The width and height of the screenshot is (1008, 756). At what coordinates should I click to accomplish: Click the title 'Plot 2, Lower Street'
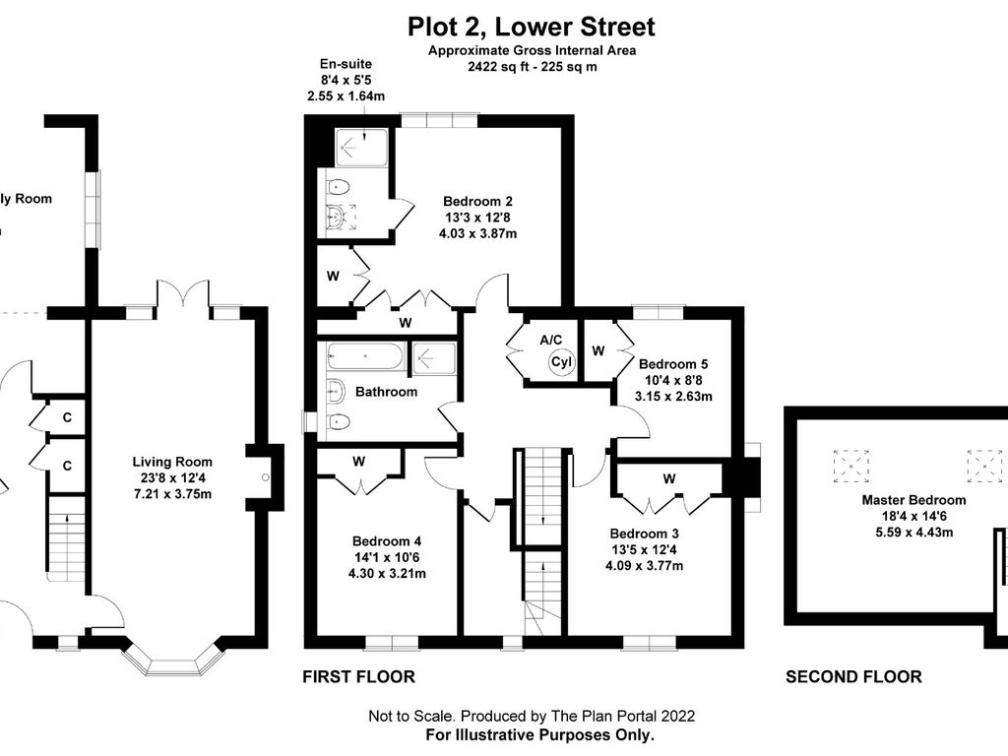(531, 27)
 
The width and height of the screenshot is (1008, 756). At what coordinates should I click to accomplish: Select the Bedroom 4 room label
(388, 540)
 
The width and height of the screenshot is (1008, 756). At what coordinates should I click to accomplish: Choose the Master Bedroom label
(913, 500)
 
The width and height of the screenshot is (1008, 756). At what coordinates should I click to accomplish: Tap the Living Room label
(172, 461)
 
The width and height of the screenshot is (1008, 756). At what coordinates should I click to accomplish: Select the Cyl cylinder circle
(561, 361)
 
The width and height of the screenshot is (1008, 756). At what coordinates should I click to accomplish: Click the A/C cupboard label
(550, 339)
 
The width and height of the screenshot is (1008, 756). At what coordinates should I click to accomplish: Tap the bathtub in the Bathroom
(365, 355)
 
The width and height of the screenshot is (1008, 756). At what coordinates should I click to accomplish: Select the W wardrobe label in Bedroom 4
(359, 461)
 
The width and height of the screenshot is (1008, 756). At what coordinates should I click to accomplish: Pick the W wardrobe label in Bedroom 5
(598, 350)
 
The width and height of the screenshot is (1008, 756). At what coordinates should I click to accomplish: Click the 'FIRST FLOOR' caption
(358, 676)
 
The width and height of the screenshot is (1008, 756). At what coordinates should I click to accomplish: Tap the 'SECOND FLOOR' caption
(853, 676)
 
